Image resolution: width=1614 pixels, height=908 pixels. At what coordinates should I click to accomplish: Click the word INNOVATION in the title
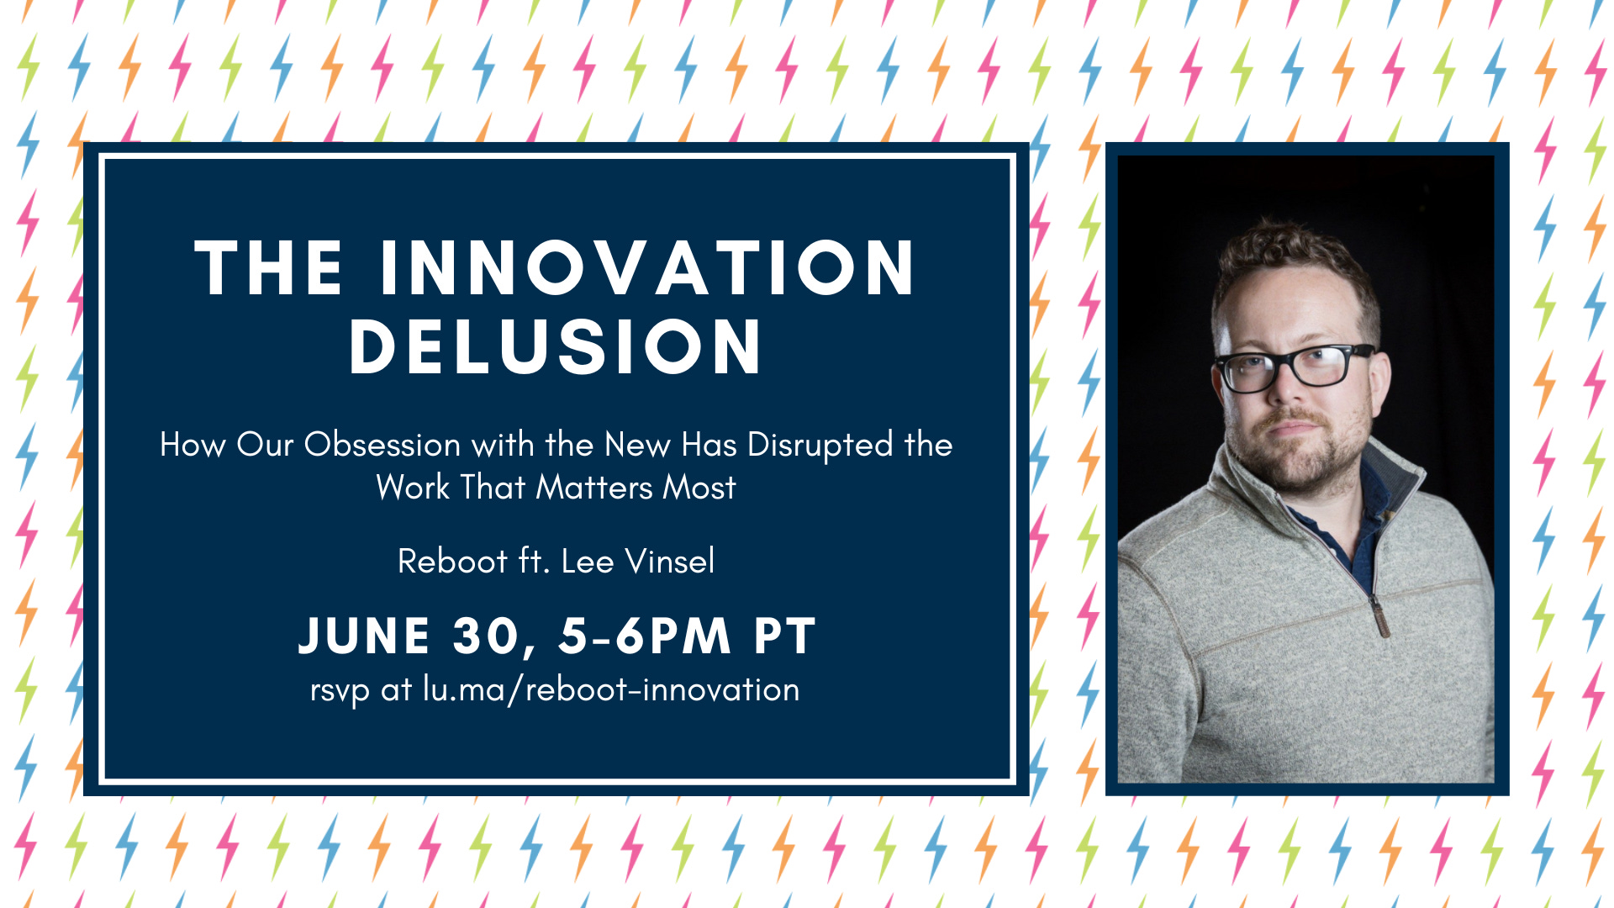click(647, 268)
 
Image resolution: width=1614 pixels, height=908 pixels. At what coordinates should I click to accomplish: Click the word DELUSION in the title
click(556, 346)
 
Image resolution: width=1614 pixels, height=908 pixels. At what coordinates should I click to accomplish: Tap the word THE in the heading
click(269, 268)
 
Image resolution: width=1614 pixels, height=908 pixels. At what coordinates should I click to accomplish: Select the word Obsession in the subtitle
click(382, 445)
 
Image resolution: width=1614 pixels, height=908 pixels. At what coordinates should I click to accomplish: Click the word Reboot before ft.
click(452, 562)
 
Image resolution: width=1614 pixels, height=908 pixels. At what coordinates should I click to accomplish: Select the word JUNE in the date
click(365, 636)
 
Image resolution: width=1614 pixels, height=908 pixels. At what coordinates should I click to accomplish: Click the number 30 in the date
click(487, 636)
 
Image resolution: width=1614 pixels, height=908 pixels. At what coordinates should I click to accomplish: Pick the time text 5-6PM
click(645, 636)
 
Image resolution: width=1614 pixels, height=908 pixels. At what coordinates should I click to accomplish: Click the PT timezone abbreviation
click(785, 636)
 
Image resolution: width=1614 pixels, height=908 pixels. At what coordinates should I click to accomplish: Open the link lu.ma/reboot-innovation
click(611, 690)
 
